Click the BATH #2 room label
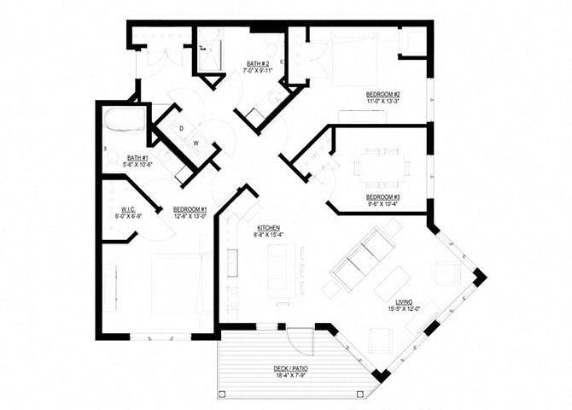(259, 64)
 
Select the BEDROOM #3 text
(383, 197)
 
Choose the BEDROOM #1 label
(190, 208)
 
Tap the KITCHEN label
(267, 226)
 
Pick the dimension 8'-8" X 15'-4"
(267, 233)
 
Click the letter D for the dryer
(182, 128)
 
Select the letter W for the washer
(196, 143)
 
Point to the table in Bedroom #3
(381, 164)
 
